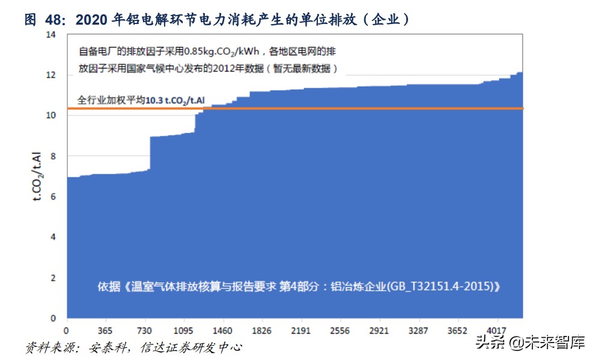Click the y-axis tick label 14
50,35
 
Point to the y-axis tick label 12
50,75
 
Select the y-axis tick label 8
53,156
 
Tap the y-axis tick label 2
53,278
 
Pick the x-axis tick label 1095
183,331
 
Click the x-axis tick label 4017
496,331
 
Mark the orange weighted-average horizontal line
361,108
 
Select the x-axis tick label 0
67,331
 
